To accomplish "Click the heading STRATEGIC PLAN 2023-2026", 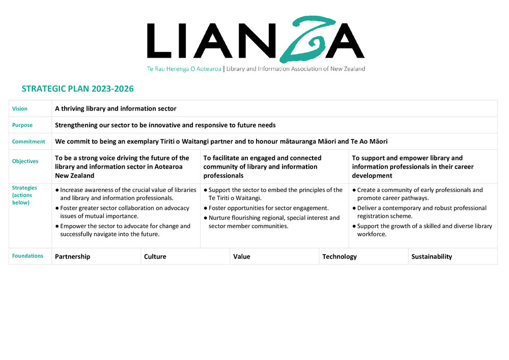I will tap(77, 89).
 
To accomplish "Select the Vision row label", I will tap(20, 109).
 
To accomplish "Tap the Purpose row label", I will tap(22, 125).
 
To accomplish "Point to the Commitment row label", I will tap(29, 142).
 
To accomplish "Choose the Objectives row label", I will tap(25, 161).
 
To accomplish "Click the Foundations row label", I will tap(27, 256).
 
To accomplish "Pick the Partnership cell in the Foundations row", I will tap(72, 257).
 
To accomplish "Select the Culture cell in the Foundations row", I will tap(155, 257).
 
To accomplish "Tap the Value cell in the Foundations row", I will tap(242, 257).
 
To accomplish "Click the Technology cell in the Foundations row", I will tap(340, 257).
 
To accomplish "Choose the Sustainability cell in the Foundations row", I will tap(432, 257).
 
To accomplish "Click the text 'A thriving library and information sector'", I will tap(116, 108).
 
